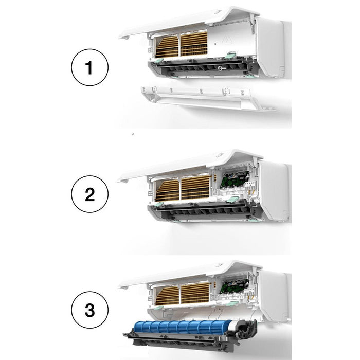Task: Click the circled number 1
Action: click(x=89, y=67)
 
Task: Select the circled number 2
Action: click(x=89, y=194)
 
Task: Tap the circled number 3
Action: click(x=89, y=310)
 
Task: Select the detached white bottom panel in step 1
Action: click(x=207, y=98)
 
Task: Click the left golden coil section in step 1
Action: click(x=167, y=46)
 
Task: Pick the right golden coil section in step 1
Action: click(x=194, y=44)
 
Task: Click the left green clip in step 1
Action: click(x=158, y=61)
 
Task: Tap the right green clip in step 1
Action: click(x=230, y=55)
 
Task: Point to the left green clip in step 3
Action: click(x=159, y=308)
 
